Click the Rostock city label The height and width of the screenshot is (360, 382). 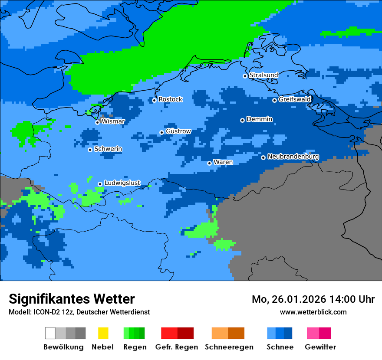(x=170, y=99)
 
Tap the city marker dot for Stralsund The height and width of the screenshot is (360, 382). (x=245, y=76)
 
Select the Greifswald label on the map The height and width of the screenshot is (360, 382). (x=294, y=99)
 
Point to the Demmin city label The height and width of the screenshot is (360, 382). (x=259, y=119)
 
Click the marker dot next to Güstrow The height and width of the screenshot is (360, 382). (x=161, y=132)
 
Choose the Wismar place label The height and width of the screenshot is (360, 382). (x=113, y=121)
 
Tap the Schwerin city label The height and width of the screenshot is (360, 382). (x=108, y=149)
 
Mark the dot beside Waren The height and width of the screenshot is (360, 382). (x=209, y=163)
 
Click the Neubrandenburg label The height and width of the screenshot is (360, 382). (x=293, y=157)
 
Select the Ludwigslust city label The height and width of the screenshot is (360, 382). (x=122, y=183)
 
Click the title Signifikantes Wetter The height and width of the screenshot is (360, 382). (x=72, y=299)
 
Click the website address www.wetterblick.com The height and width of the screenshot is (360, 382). (x=313, y=312)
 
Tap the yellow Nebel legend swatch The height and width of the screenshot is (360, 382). (x=103, y=333)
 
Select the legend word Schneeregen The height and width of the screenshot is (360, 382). (x=229, y=347)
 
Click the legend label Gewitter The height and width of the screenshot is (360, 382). (x=320, y=347)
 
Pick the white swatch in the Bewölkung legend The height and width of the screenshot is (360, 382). (x=50, y=333)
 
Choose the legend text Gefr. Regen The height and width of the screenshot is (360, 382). (x=176, y=347)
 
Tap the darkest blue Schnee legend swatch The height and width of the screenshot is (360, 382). (x=288, y=333)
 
